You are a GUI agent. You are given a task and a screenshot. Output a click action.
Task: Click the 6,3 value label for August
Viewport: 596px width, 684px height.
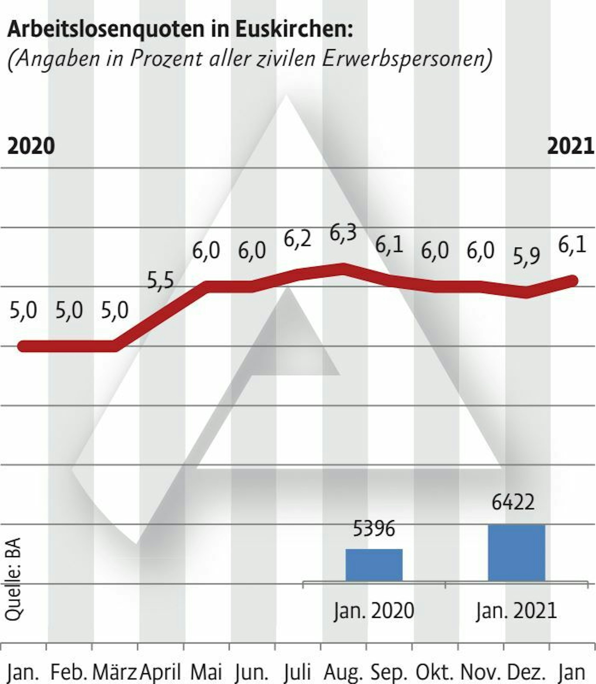click(x=343, y=233)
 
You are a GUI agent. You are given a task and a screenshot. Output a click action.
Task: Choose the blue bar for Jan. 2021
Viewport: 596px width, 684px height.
click(x=516, y=553)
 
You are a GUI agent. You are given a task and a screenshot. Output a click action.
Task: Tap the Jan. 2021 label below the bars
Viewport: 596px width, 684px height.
click(x=516, y=610)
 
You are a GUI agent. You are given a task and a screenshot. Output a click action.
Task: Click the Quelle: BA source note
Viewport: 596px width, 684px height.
click(x=13, y=579)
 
